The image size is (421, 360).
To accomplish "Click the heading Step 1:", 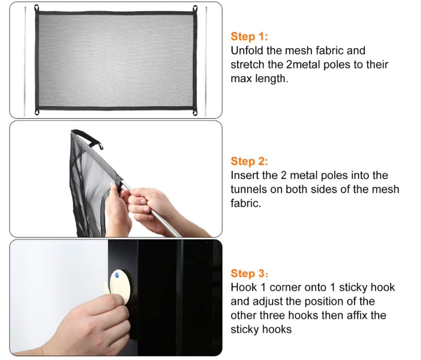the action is click(x=249, y=37).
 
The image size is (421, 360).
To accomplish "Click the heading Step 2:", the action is click(x=249, y=161).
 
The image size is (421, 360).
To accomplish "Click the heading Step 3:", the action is click(x=249, y=273).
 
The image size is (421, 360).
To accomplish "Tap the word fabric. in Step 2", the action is click(x=246, y=203).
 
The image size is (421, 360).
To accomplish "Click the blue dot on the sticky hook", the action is click(x=117, y=275).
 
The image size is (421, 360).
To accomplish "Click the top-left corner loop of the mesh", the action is click(x=37, y=8).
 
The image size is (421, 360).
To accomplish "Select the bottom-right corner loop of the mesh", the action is click(x=195, y=112).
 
